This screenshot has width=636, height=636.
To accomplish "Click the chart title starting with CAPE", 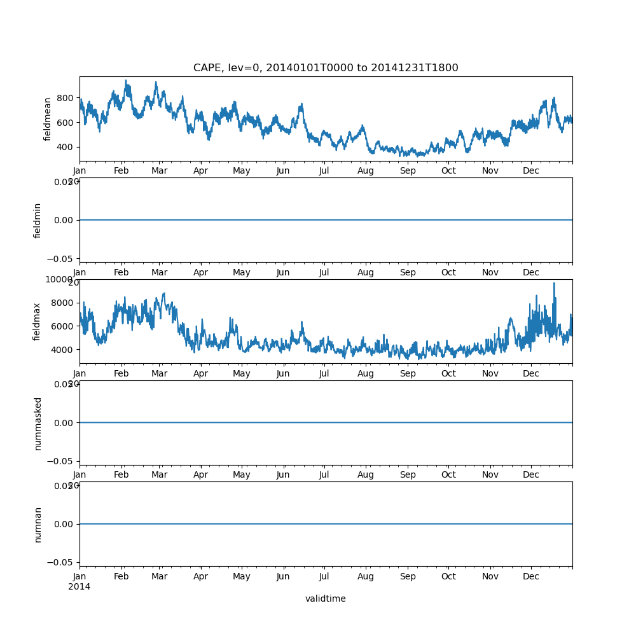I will tap(326, 68).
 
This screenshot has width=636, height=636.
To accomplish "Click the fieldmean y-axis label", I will tap(47, 119).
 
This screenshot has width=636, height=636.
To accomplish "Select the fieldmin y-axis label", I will tap(38, 220).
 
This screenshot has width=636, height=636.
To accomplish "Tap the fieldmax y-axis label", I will tap(38, 321).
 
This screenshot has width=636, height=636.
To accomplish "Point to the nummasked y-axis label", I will tap(38, 423).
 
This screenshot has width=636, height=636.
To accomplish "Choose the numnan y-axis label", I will tap(38, 524).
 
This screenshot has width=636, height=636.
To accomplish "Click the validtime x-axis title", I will tap(325, 598).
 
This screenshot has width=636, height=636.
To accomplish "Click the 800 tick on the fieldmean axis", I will tap(65, 97).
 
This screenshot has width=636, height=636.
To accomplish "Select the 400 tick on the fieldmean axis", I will tap(65, 147).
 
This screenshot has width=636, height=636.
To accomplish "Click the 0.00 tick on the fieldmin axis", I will tap(63, 220).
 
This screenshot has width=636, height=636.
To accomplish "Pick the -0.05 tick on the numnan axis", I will tap(61, 562).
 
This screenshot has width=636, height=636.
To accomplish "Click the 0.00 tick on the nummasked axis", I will tap(63, 423).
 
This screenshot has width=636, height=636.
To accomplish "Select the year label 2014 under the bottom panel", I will tap(79, 586).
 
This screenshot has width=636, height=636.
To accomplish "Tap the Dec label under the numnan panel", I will tap(531, 576).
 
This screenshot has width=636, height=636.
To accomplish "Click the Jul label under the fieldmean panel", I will tap(324, 170).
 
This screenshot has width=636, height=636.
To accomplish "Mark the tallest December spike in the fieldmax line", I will tap(554, 283).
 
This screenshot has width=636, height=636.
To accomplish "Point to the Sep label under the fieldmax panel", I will tap(408, 373).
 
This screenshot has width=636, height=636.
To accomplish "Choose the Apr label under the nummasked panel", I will tap(201, 474).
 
